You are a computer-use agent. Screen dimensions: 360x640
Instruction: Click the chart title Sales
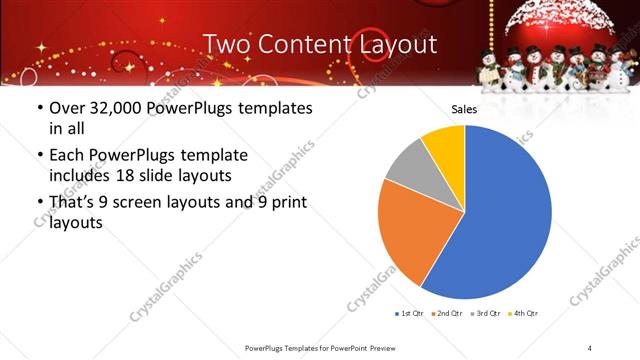tap(464, 109)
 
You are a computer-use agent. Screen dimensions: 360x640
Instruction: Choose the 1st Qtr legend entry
tap(411, 314)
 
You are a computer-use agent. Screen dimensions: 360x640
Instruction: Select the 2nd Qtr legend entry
tap(447, 314)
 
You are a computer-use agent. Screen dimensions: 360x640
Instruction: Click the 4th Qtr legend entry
tap(524, 314)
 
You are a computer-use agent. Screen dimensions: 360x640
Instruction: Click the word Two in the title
tap(224, 45)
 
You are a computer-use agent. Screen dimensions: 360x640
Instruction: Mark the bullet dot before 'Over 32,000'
tap(39, 108)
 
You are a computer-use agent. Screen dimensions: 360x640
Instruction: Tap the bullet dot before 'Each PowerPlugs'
tap(39, 156)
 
